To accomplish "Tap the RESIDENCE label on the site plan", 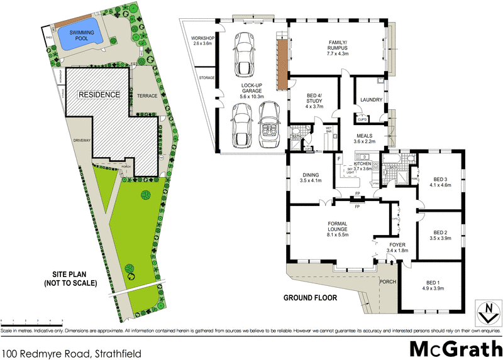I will (99, 95).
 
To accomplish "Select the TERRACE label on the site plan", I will (145, 94).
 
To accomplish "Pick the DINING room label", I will (310, 178).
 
